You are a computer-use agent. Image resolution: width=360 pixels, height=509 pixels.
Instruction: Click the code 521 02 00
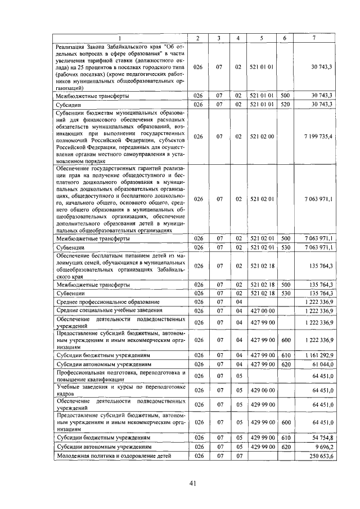tap(262, 136)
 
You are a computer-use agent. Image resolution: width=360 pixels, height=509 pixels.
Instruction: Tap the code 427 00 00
tap(262, 310)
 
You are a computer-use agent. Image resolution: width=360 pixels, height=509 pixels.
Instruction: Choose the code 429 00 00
tap(262, 390)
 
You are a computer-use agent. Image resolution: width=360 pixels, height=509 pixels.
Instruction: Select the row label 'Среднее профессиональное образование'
tap(107, 302)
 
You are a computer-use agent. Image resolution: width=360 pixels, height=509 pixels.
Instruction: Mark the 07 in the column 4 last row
tap(238, 456)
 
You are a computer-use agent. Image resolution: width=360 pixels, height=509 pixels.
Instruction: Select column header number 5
tap(262, 38)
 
